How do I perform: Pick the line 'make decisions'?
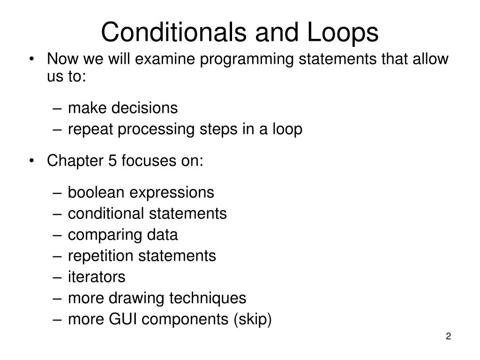[123, 108]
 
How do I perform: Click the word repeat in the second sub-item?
[90, 129]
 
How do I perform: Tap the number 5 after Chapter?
[112, 161]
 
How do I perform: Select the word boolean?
[96, 192]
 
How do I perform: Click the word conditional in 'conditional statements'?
[106, 214]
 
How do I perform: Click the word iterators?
[97, 277]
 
